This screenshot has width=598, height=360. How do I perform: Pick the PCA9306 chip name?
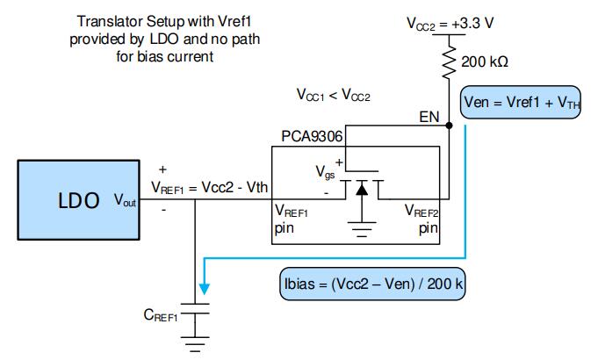pyautogui.click(x=312, y=137)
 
